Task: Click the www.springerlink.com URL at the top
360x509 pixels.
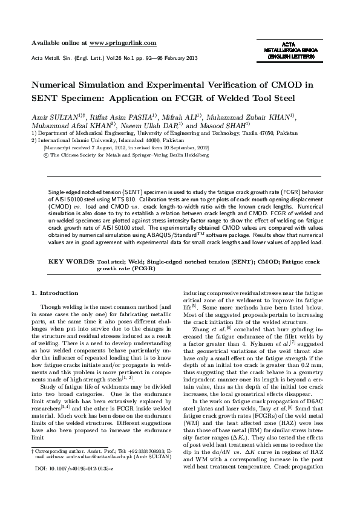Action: pos(123,43)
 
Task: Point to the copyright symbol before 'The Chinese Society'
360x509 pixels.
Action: pos(47,155)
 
